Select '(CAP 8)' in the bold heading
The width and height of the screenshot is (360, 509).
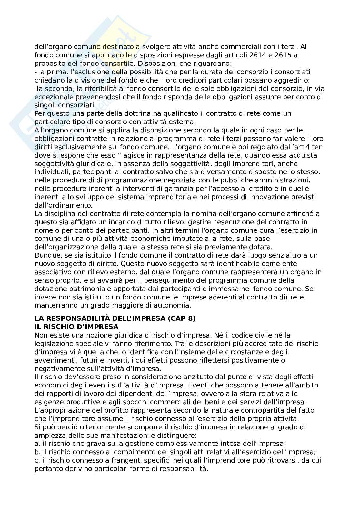[x=182, y=318]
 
